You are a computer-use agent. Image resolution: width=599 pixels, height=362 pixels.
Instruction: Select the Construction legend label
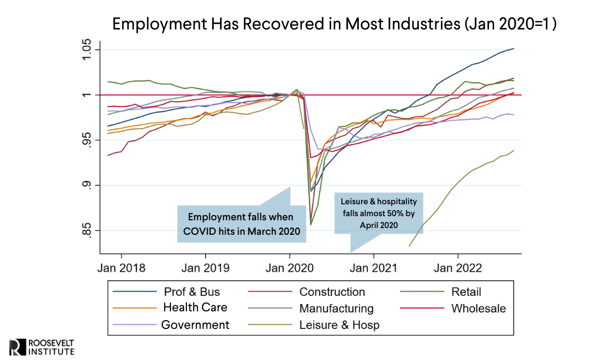[332, 292]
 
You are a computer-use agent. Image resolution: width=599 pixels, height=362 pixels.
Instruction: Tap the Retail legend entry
[466, 292]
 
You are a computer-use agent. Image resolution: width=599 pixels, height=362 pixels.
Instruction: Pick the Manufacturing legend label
[336, 309]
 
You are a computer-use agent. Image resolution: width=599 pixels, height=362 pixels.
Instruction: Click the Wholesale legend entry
[478, 309]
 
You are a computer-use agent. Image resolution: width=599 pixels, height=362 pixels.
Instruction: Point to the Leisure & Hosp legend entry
[339, 325]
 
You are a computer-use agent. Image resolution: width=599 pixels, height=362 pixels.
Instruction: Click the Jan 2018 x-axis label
[121, 268]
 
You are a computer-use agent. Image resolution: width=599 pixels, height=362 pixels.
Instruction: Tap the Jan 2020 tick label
[289, 268]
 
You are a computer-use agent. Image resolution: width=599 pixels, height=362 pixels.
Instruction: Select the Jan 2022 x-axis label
[458, 268]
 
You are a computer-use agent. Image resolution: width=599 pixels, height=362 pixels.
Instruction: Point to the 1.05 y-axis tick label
[89, 50]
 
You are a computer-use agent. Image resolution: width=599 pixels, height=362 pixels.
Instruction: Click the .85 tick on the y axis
[89, 230]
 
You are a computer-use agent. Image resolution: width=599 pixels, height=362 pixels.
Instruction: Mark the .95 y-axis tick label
[89, 140]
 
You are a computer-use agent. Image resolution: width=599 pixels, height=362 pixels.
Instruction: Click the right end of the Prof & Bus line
[513, 49]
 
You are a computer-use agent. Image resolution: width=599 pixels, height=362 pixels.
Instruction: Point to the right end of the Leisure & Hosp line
[513, 150]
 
